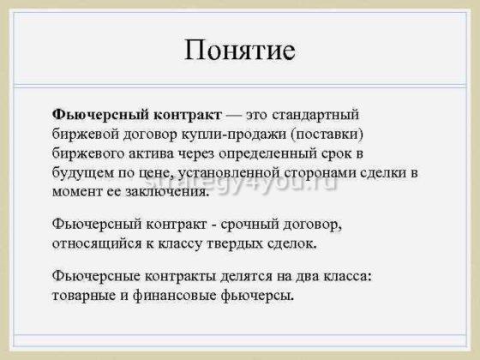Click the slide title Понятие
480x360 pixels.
click(x=240, y=50)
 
